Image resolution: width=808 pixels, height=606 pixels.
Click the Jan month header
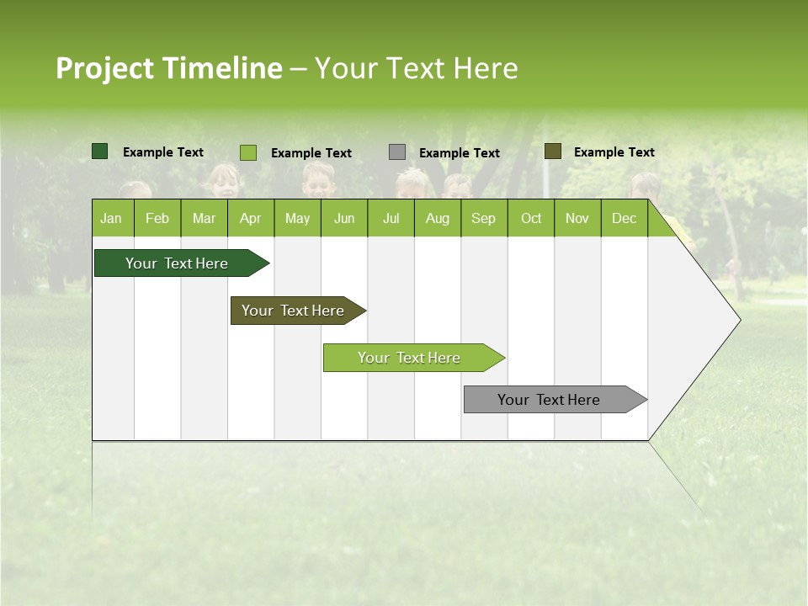(111, 218)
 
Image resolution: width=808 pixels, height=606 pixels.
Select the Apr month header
(250, 218)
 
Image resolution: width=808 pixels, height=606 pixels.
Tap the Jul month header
(391, 218)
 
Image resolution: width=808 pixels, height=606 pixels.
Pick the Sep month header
(483, 218)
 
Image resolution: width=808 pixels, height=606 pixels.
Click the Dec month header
(624, 218)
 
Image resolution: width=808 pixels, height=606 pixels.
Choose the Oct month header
(531, 218)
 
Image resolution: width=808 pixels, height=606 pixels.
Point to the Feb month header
(157, 218)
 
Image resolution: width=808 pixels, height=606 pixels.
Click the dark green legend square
(100, 151)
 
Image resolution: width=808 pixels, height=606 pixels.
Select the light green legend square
(248, 152)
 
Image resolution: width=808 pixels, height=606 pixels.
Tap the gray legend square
(397, 152)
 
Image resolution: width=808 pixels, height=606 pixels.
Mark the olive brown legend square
(552, 151)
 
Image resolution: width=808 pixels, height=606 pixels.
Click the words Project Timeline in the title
(168, 68)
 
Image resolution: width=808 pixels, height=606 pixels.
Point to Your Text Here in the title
(416, 68)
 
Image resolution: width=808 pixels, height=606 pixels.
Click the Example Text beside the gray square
(459, 153)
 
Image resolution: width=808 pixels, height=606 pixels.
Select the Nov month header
(577, 218)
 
